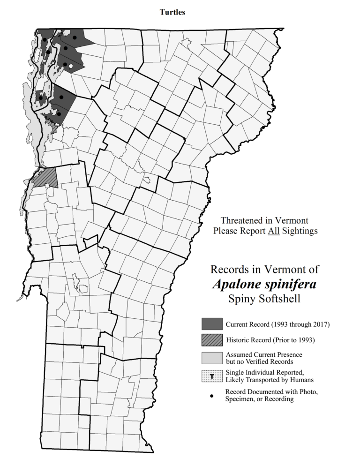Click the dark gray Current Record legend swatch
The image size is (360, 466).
tap(211, 324)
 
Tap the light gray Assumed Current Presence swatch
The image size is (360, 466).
tap(211, 357)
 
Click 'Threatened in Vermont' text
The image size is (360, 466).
tap(264, 220)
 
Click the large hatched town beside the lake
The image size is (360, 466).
tap(45, 178)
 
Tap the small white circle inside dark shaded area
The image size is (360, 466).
tap(70, 67)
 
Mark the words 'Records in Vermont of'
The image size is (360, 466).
tap(265, 270)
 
